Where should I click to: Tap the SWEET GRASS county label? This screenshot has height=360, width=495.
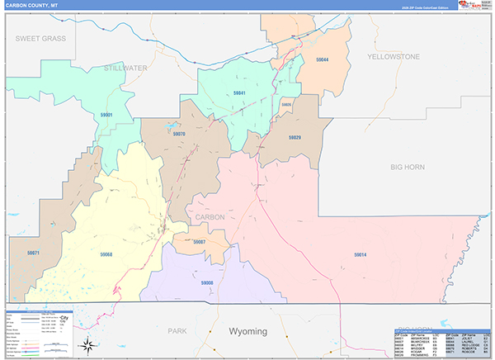(x=40, y=39)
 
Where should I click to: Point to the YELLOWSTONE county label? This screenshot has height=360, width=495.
(x=394, y=56)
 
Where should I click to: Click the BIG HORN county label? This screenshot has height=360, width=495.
(x=407, y=167)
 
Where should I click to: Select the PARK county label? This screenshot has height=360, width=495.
(x=177, y=331)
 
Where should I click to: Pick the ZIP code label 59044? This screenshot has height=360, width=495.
(x=320, y=60)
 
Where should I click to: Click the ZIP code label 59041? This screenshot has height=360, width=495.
(x=240, y=92)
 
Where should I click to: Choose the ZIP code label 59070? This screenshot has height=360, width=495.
(x=179, y=133)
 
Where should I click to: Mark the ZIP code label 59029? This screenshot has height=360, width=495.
(x=295, y=137)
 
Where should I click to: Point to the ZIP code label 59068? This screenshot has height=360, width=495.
(x=106, y=253)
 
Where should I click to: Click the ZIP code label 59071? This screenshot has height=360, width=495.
(x=33, y=253)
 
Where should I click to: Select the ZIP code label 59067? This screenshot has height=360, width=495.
(x=199, y=242)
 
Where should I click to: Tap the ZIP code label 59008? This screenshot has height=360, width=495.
(x=207, y=282)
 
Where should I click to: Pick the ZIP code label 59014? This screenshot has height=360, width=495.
(x=361, y=254)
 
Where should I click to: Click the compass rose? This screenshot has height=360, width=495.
(x=87, y=344)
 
